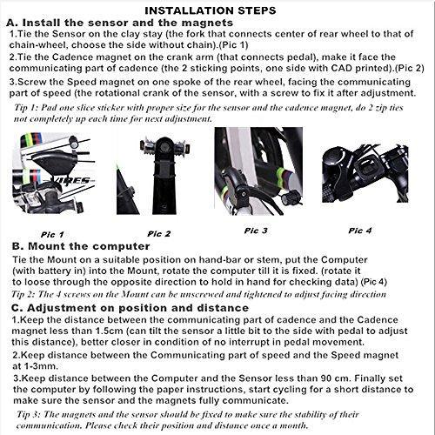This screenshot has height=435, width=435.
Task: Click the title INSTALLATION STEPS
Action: tap(211, 10)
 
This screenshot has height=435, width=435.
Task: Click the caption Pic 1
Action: tap(52, 234)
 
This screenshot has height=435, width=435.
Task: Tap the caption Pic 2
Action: tap(159, 234)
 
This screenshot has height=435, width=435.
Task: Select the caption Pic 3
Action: tap(256, 231)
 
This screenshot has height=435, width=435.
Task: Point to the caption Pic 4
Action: tap(360, 231)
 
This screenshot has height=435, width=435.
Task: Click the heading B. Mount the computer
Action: tap(81, 246)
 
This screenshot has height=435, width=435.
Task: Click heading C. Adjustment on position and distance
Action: tap(130, 308)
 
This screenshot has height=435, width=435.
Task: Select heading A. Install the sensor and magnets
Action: tap(119, 23)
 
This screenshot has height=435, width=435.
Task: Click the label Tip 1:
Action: tap(26, 108)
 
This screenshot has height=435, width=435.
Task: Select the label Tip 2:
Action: tap(23, 294)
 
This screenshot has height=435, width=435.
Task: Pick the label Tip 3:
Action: tap(28, 414)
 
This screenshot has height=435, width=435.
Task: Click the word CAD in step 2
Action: tap(340, 68)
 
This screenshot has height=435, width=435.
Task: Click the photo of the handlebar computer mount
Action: tap(365, 173)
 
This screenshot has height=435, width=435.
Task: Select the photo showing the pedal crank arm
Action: tap(153, 176)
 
